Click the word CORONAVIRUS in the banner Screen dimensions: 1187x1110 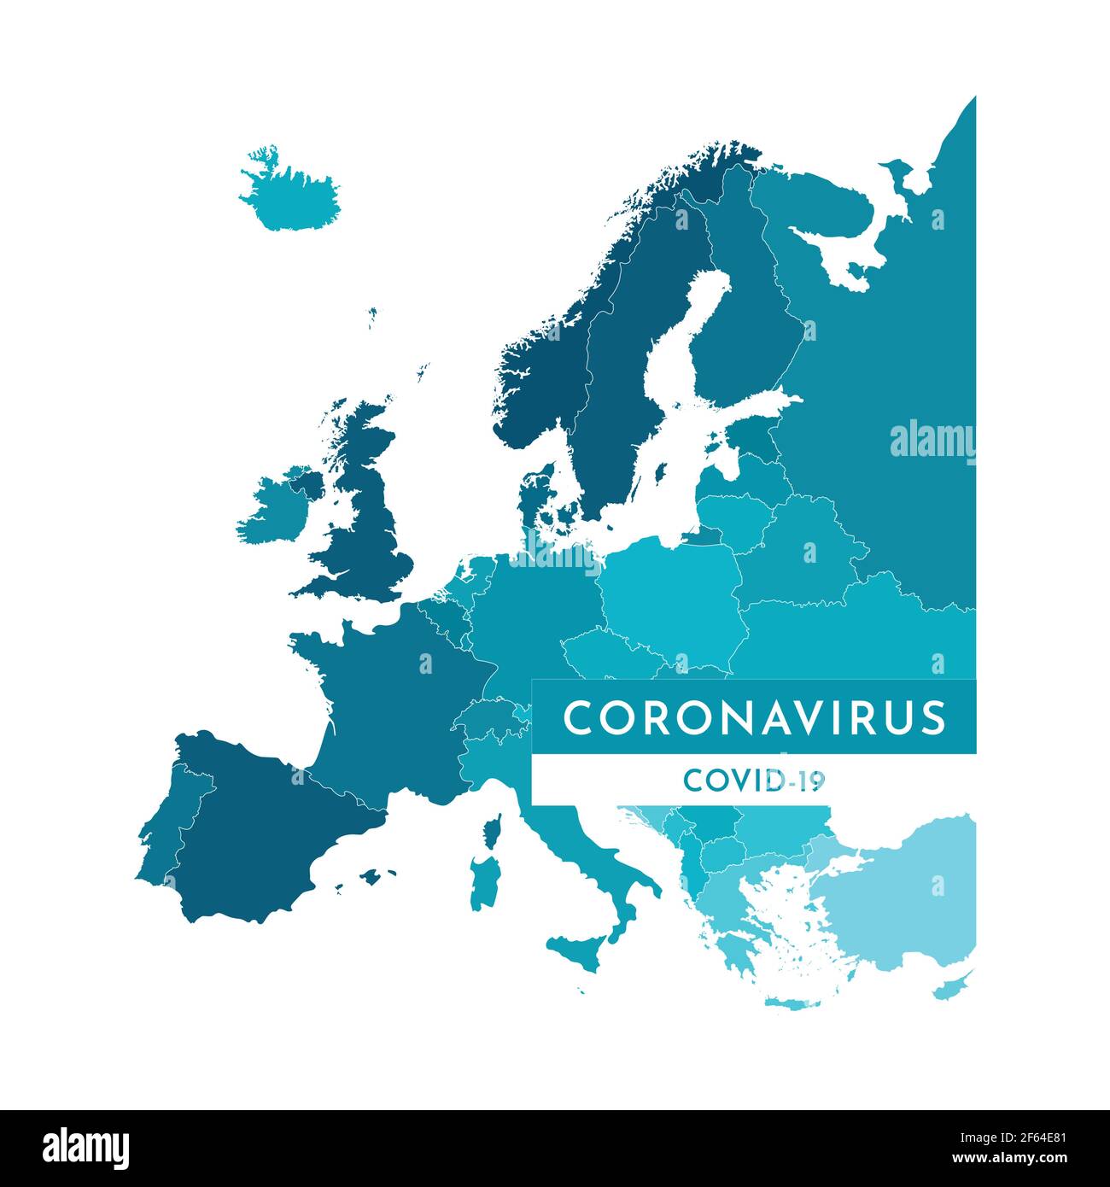pos(754,717)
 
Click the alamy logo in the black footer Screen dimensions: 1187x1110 pos(86,1149)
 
